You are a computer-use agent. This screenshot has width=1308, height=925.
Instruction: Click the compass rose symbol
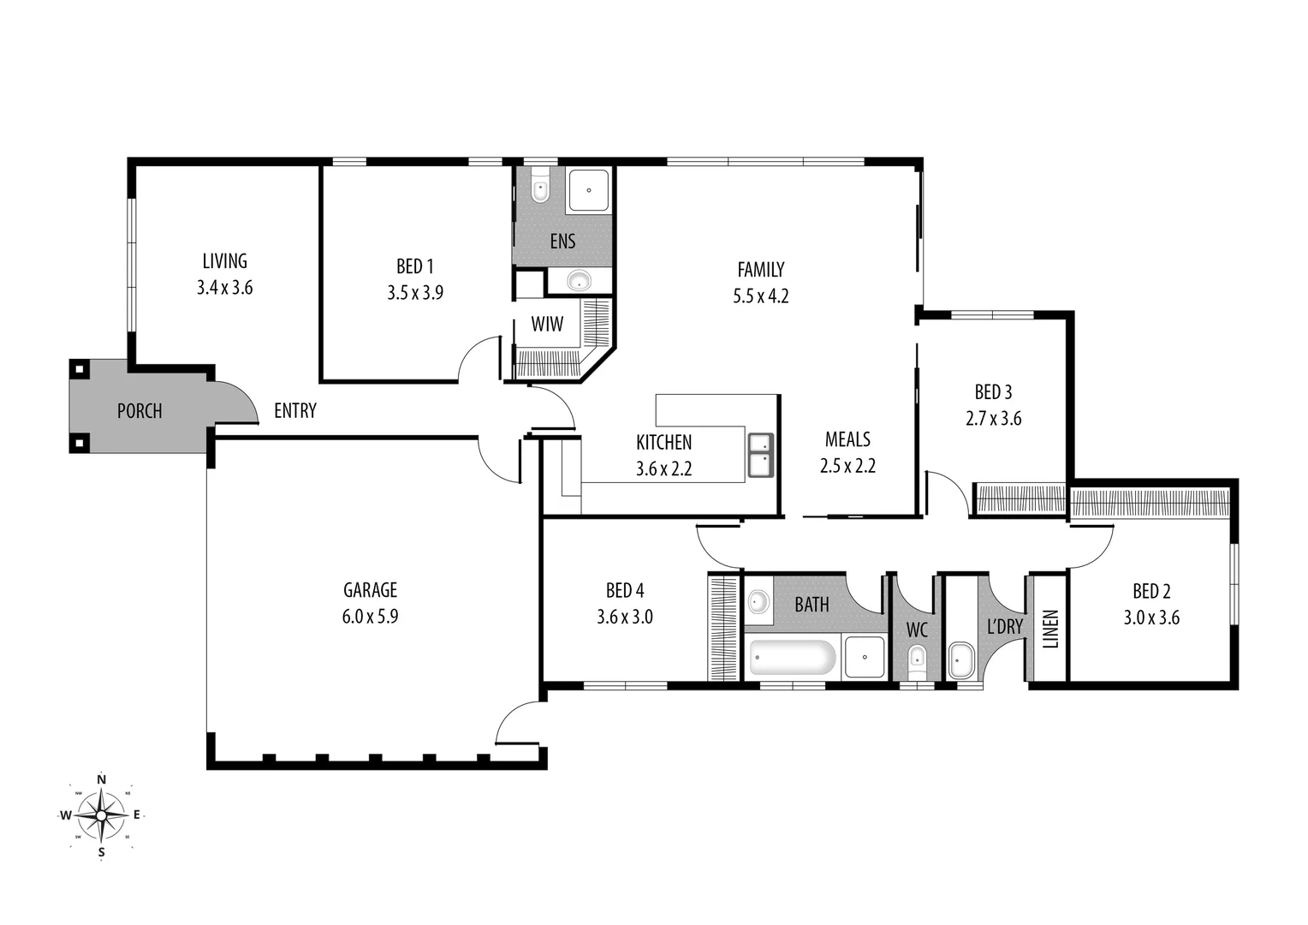101,815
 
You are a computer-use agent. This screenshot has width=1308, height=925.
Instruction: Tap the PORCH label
140,411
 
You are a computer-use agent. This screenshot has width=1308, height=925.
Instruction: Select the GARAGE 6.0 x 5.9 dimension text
370,617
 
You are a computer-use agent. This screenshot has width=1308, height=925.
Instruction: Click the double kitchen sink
760,455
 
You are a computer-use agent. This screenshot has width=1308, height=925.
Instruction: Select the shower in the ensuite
588,191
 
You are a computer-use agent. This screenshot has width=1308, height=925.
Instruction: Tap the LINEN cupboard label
1051,629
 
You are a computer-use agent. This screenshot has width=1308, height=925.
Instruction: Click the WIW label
547,325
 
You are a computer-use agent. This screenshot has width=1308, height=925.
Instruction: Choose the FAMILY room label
760,270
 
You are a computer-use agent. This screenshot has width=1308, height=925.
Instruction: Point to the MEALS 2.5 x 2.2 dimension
847,467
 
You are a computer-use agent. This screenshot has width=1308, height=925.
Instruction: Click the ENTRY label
295,411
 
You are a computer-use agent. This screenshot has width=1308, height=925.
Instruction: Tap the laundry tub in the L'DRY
961,661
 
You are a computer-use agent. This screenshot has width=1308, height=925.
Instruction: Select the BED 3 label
993,392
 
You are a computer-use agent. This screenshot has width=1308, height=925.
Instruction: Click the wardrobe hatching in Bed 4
723,627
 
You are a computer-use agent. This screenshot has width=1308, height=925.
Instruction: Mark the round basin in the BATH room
758,600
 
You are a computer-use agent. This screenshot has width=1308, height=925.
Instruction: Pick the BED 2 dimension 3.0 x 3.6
1151,618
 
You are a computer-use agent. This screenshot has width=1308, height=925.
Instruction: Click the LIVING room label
224,261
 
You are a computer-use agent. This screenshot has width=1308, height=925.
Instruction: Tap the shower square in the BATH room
865,657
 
